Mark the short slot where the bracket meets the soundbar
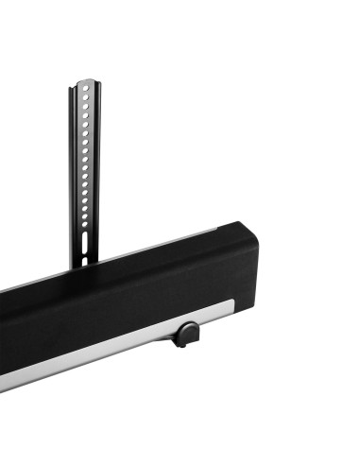(x=85, y=256)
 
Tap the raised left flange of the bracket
(x=73, y=170)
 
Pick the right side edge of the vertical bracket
(x=94, y=170)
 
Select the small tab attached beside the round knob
(x=178, y=341)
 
